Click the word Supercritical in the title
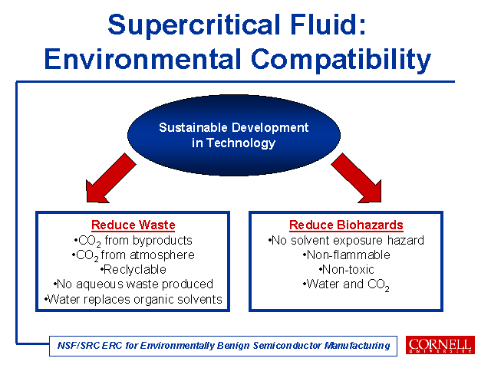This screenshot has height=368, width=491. (x=194, y=25)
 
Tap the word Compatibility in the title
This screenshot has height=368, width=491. (x=341, y=60)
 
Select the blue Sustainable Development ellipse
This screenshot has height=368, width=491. (x=234, y=135)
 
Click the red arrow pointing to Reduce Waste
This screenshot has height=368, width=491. (x=110, y=179)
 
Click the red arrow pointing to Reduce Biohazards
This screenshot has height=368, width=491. (x=357, y=179)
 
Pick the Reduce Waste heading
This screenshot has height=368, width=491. (x=133, y=225)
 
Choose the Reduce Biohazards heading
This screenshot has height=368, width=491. (x=346, y=225)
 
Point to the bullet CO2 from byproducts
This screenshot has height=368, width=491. (x=133, y=241)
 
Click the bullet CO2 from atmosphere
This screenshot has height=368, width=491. (x=133, y=255)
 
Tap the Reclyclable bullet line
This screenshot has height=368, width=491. (x=133, y=269)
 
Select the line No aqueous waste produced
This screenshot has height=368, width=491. (x=133, y=284)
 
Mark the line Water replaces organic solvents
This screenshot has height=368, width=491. (x=133, y=300)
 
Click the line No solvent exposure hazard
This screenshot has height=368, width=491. (x=346, y=240)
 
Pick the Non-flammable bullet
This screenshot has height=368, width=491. (x=346, y=255)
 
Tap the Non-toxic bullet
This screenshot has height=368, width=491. (x=346, y=269)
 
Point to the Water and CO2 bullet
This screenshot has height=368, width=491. (x=346, y=284)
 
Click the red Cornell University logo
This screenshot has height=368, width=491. (x=440, y=345)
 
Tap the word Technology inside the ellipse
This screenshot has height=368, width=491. (x=241, y=143)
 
